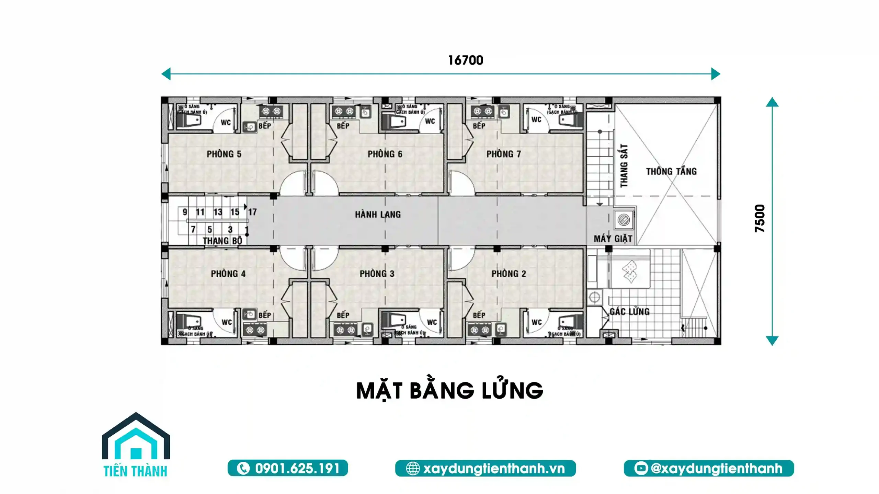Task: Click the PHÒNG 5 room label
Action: coord(224,154)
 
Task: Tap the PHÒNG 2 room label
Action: coord(509,274)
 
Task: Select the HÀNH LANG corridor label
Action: coord(378,215)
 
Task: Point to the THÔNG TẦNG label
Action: coord(671,171)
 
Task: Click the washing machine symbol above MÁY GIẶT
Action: coord(624,220)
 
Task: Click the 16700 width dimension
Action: coord(466,60)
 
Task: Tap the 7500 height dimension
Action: coord(760,218)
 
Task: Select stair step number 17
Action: coord(252,212)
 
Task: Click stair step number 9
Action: coord(185,212)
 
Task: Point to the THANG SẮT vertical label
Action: coord(624,166)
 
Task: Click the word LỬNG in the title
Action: coord(512,391)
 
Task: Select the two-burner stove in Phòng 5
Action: coord(271,111)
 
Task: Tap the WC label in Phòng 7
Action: coord(536,119)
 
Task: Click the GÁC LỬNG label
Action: coord(629,312)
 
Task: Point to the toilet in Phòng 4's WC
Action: coord(190,322)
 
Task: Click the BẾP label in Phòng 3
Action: coord(343,315)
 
